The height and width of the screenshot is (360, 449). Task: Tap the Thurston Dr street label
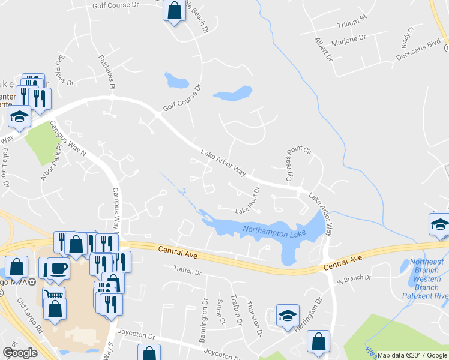tap(255, 318)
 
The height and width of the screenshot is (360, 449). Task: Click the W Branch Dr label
tap(354, 278)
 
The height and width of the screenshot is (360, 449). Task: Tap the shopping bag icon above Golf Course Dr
tap(174, 10)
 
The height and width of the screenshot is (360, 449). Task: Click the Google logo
tap(20, 353)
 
